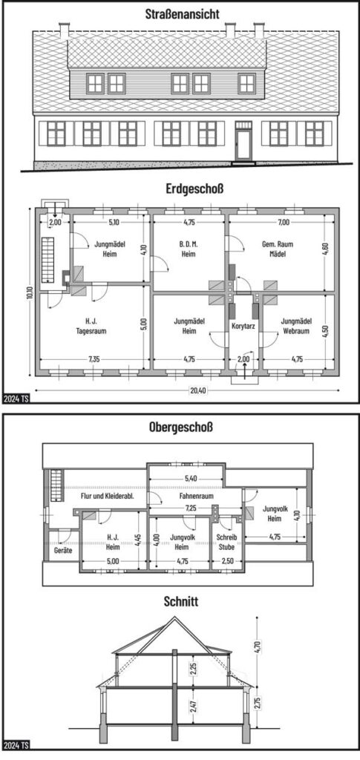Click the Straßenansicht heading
(182, 14)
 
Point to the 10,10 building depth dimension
(30, 292)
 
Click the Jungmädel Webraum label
(295, 326)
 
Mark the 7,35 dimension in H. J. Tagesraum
(94, 359)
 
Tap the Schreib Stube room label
(226, 542)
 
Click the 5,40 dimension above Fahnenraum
(191, 479)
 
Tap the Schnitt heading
(180, 602)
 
